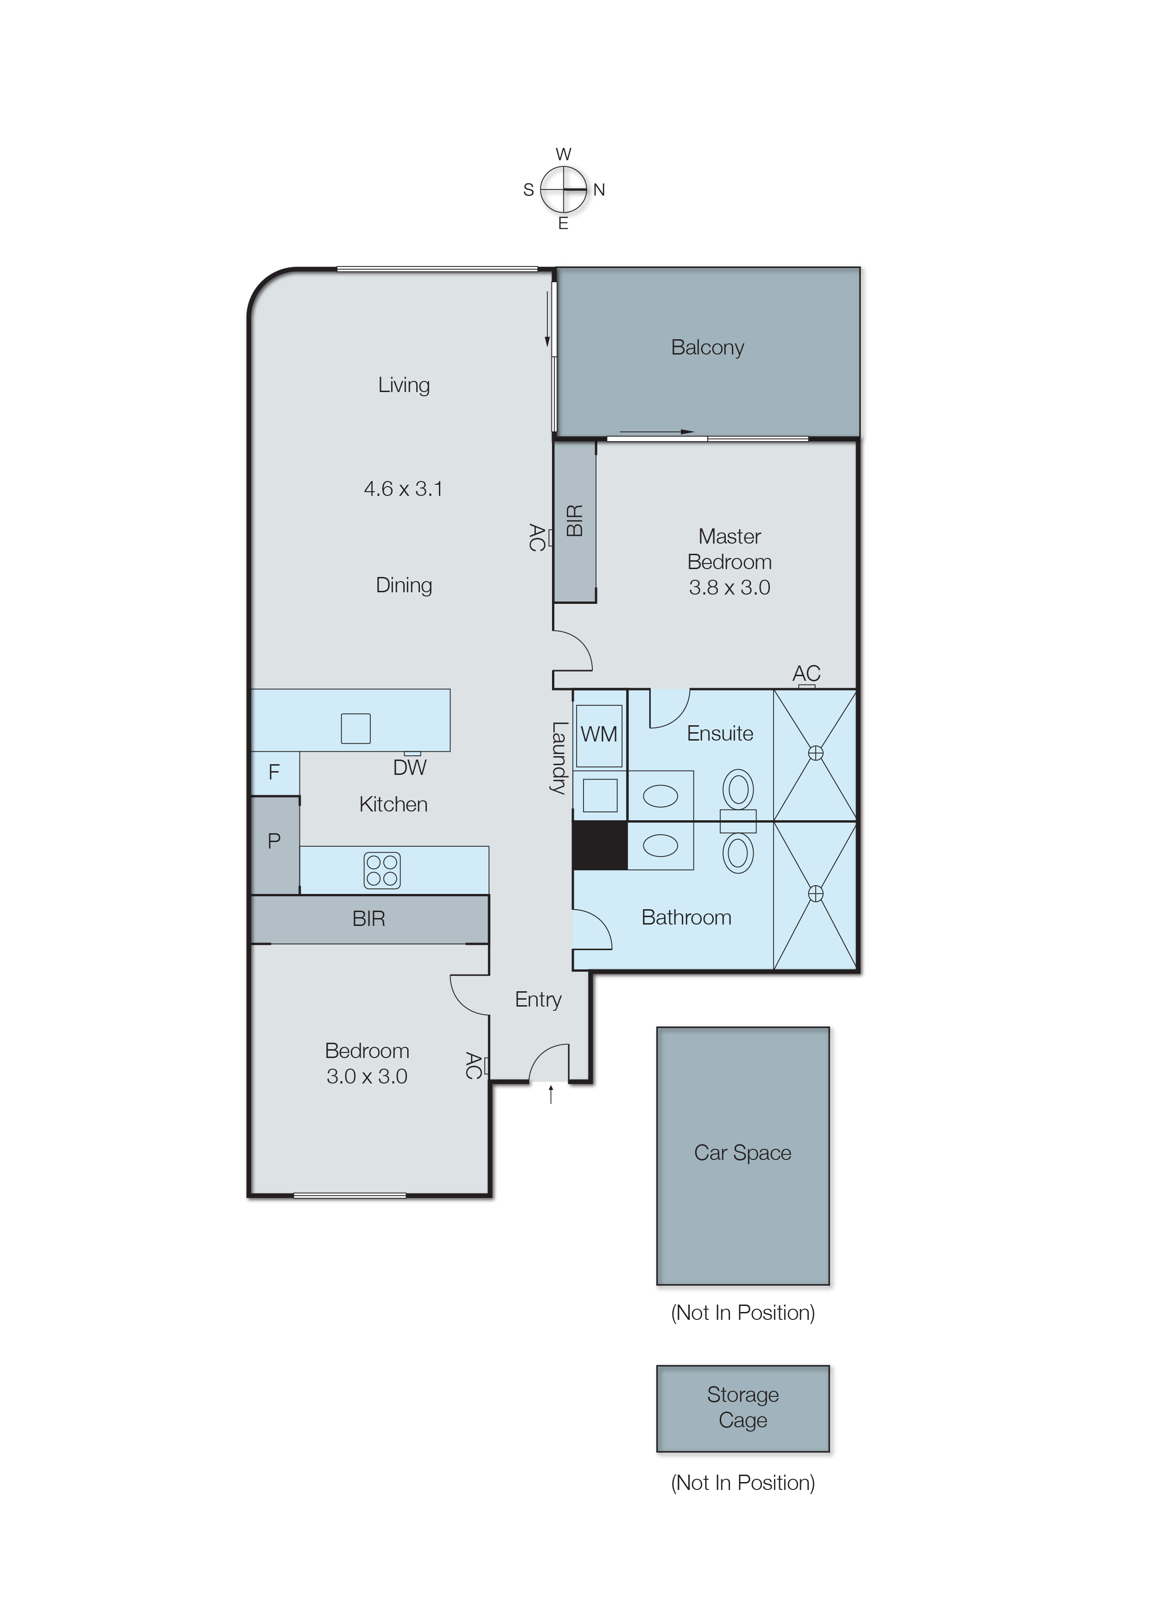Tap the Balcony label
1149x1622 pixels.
[707, 347]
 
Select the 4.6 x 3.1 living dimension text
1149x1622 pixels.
[403, 489]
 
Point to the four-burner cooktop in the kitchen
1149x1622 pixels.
[382, 870]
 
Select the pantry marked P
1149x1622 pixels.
[274, 842]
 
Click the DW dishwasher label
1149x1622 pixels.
[410, 767]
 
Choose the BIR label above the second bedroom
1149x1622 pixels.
[368, 919]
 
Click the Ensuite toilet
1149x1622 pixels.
[738, 790]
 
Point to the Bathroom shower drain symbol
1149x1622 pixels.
[815, 894]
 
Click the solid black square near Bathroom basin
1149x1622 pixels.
[599, 845]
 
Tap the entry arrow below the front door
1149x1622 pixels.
[551, 1095]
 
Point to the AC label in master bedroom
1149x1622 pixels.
[806, 673]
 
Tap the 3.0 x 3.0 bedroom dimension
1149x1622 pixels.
[367, 1077]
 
